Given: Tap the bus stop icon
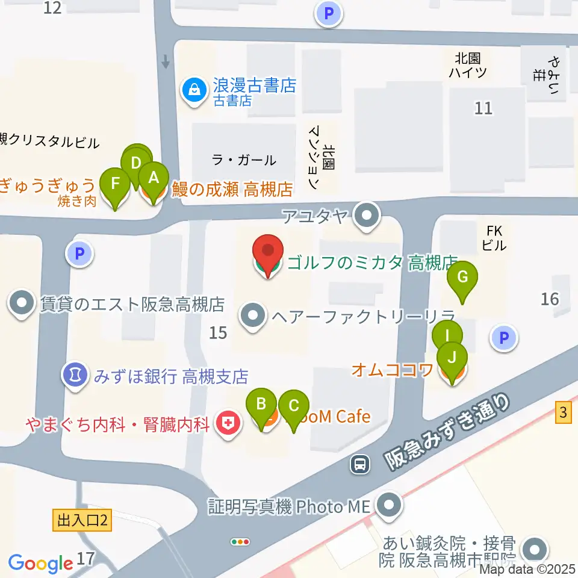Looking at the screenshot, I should [361, 463].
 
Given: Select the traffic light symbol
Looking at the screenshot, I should [240, 541].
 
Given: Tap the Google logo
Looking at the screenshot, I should [40, 563].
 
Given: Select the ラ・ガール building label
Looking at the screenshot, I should [244, 160].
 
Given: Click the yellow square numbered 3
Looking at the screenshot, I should [563, 414].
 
